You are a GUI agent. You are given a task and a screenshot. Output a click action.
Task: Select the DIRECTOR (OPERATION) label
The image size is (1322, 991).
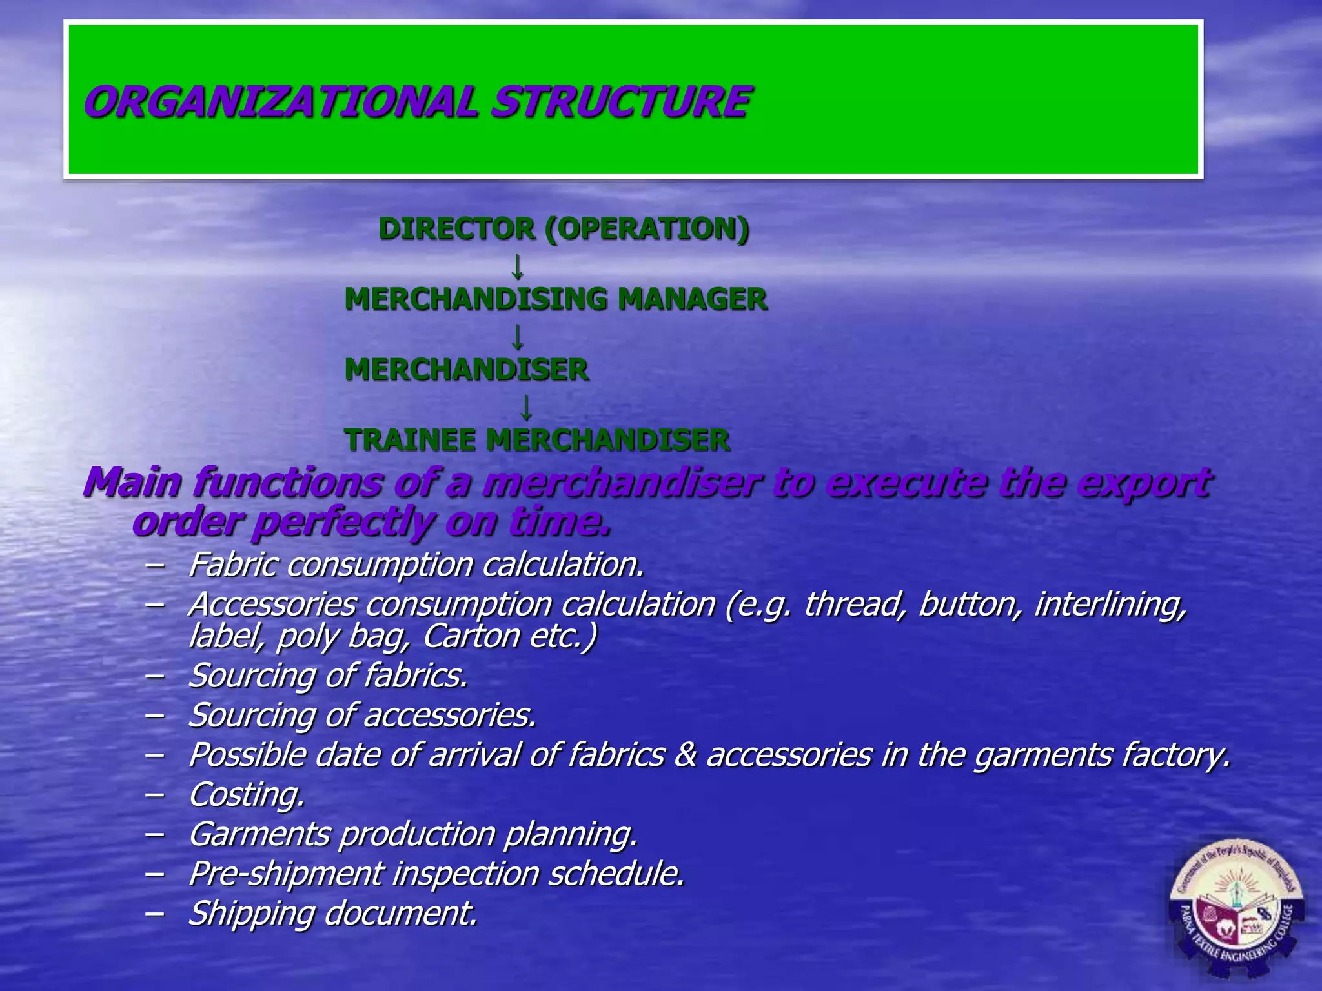(x=564, y=228)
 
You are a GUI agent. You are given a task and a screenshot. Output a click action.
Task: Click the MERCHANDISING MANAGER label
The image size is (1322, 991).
(x=556, y=299)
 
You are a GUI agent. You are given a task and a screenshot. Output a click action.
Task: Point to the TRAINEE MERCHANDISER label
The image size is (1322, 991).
(x=538, y=440)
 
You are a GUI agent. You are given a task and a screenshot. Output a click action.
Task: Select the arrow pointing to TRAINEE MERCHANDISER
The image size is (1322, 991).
(x=526, y=407)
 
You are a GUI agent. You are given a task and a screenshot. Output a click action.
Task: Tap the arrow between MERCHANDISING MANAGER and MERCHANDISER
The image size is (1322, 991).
(x=517, y=336)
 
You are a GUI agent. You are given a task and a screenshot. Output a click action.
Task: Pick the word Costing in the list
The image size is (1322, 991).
(x=246, y=794)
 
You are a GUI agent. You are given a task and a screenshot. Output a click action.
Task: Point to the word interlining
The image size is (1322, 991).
(x=1110, y=605)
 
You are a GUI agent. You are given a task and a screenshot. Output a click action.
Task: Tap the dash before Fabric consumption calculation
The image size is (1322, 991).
(x=154, y=565)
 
